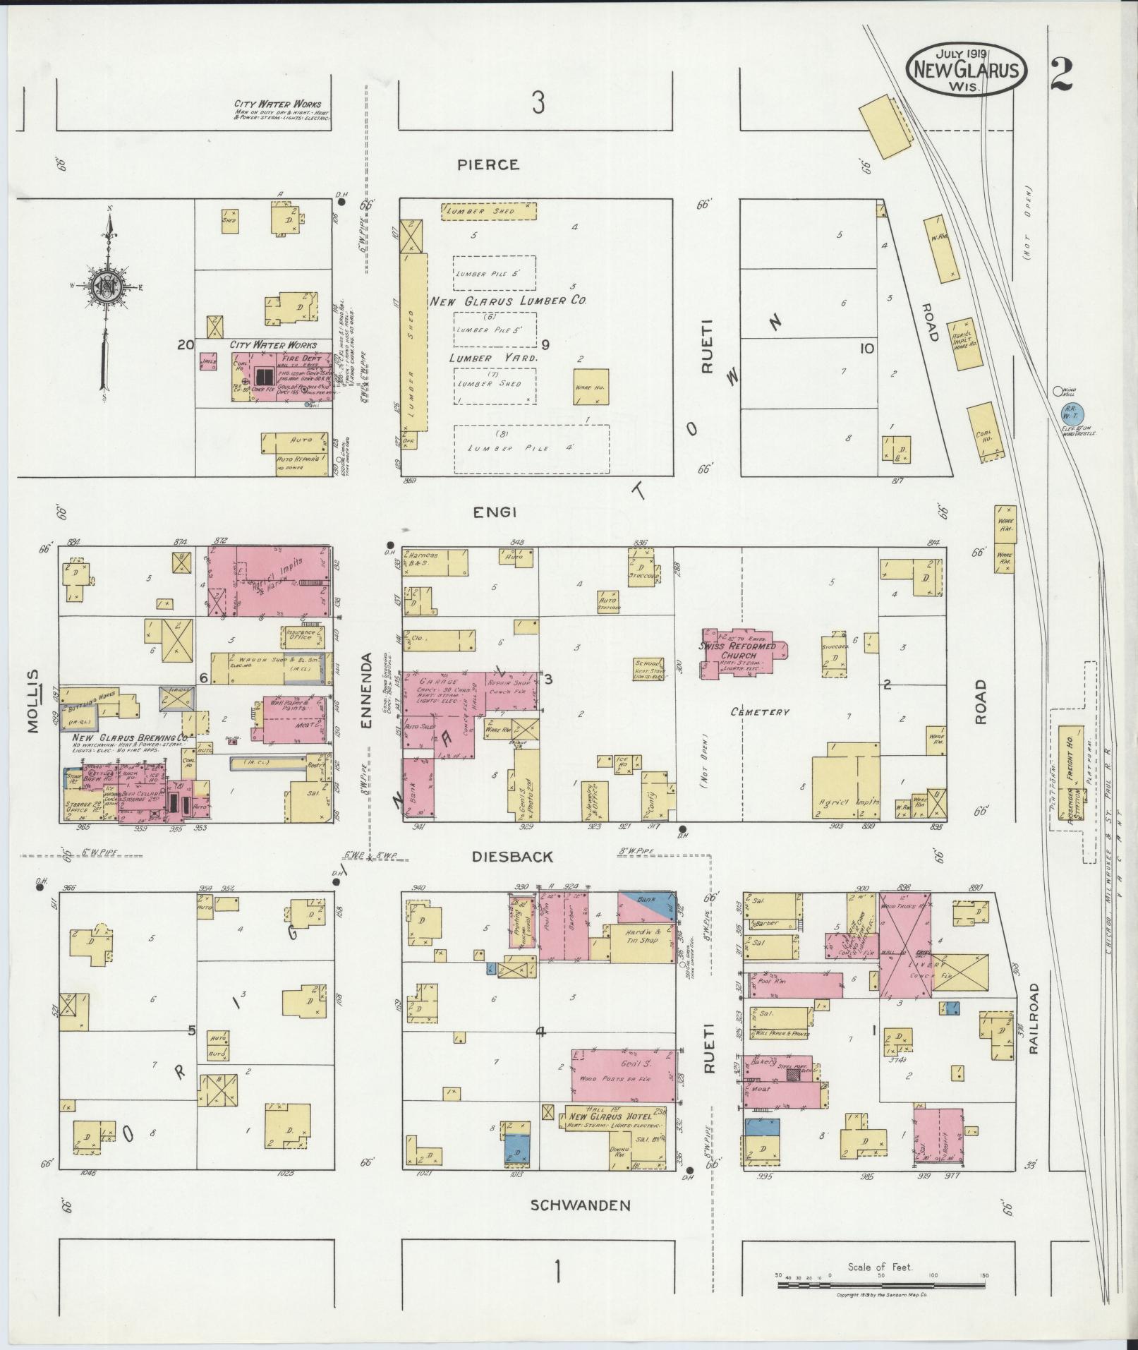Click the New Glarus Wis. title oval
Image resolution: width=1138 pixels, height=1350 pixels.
coord(966,69)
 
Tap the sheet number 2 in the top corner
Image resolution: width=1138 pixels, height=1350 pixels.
coord(1060,76)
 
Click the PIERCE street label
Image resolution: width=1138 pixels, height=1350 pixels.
coord(488,164)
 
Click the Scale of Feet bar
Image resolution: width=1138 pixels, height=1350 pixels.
coord(881,1286)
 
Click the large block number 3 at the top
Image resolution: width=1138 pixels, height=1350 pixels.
coord(538,104)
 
